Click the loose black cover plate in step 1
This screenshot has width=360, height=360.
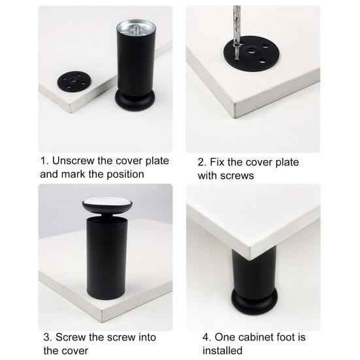point(74,81)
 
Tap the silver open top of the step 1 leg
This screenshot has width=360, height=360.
point(136,29)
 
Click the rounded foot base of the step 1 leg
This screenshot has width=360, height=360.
point(135,101)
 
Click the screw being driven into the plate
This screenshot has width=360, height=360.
point(237,52)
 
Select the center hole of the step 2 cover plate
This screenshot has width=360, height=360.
point(252,50)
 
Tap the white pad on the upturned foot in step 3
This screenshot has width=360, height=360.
point(107,203)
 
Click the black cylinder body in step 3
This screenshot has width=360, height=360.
point(106,259)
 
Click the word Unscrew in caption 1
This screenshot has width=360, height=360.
point(73,161)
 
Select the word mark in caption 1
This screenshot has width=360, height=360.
point(74,174)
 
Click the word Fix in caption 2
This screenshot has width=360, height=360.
point(217,162)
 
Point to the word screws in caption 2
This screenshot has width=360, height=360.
point(237,176)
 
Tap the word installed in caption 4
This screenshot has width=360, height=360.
point(222,351)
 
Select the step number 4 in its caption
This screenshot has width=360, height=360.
point(206,337)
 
